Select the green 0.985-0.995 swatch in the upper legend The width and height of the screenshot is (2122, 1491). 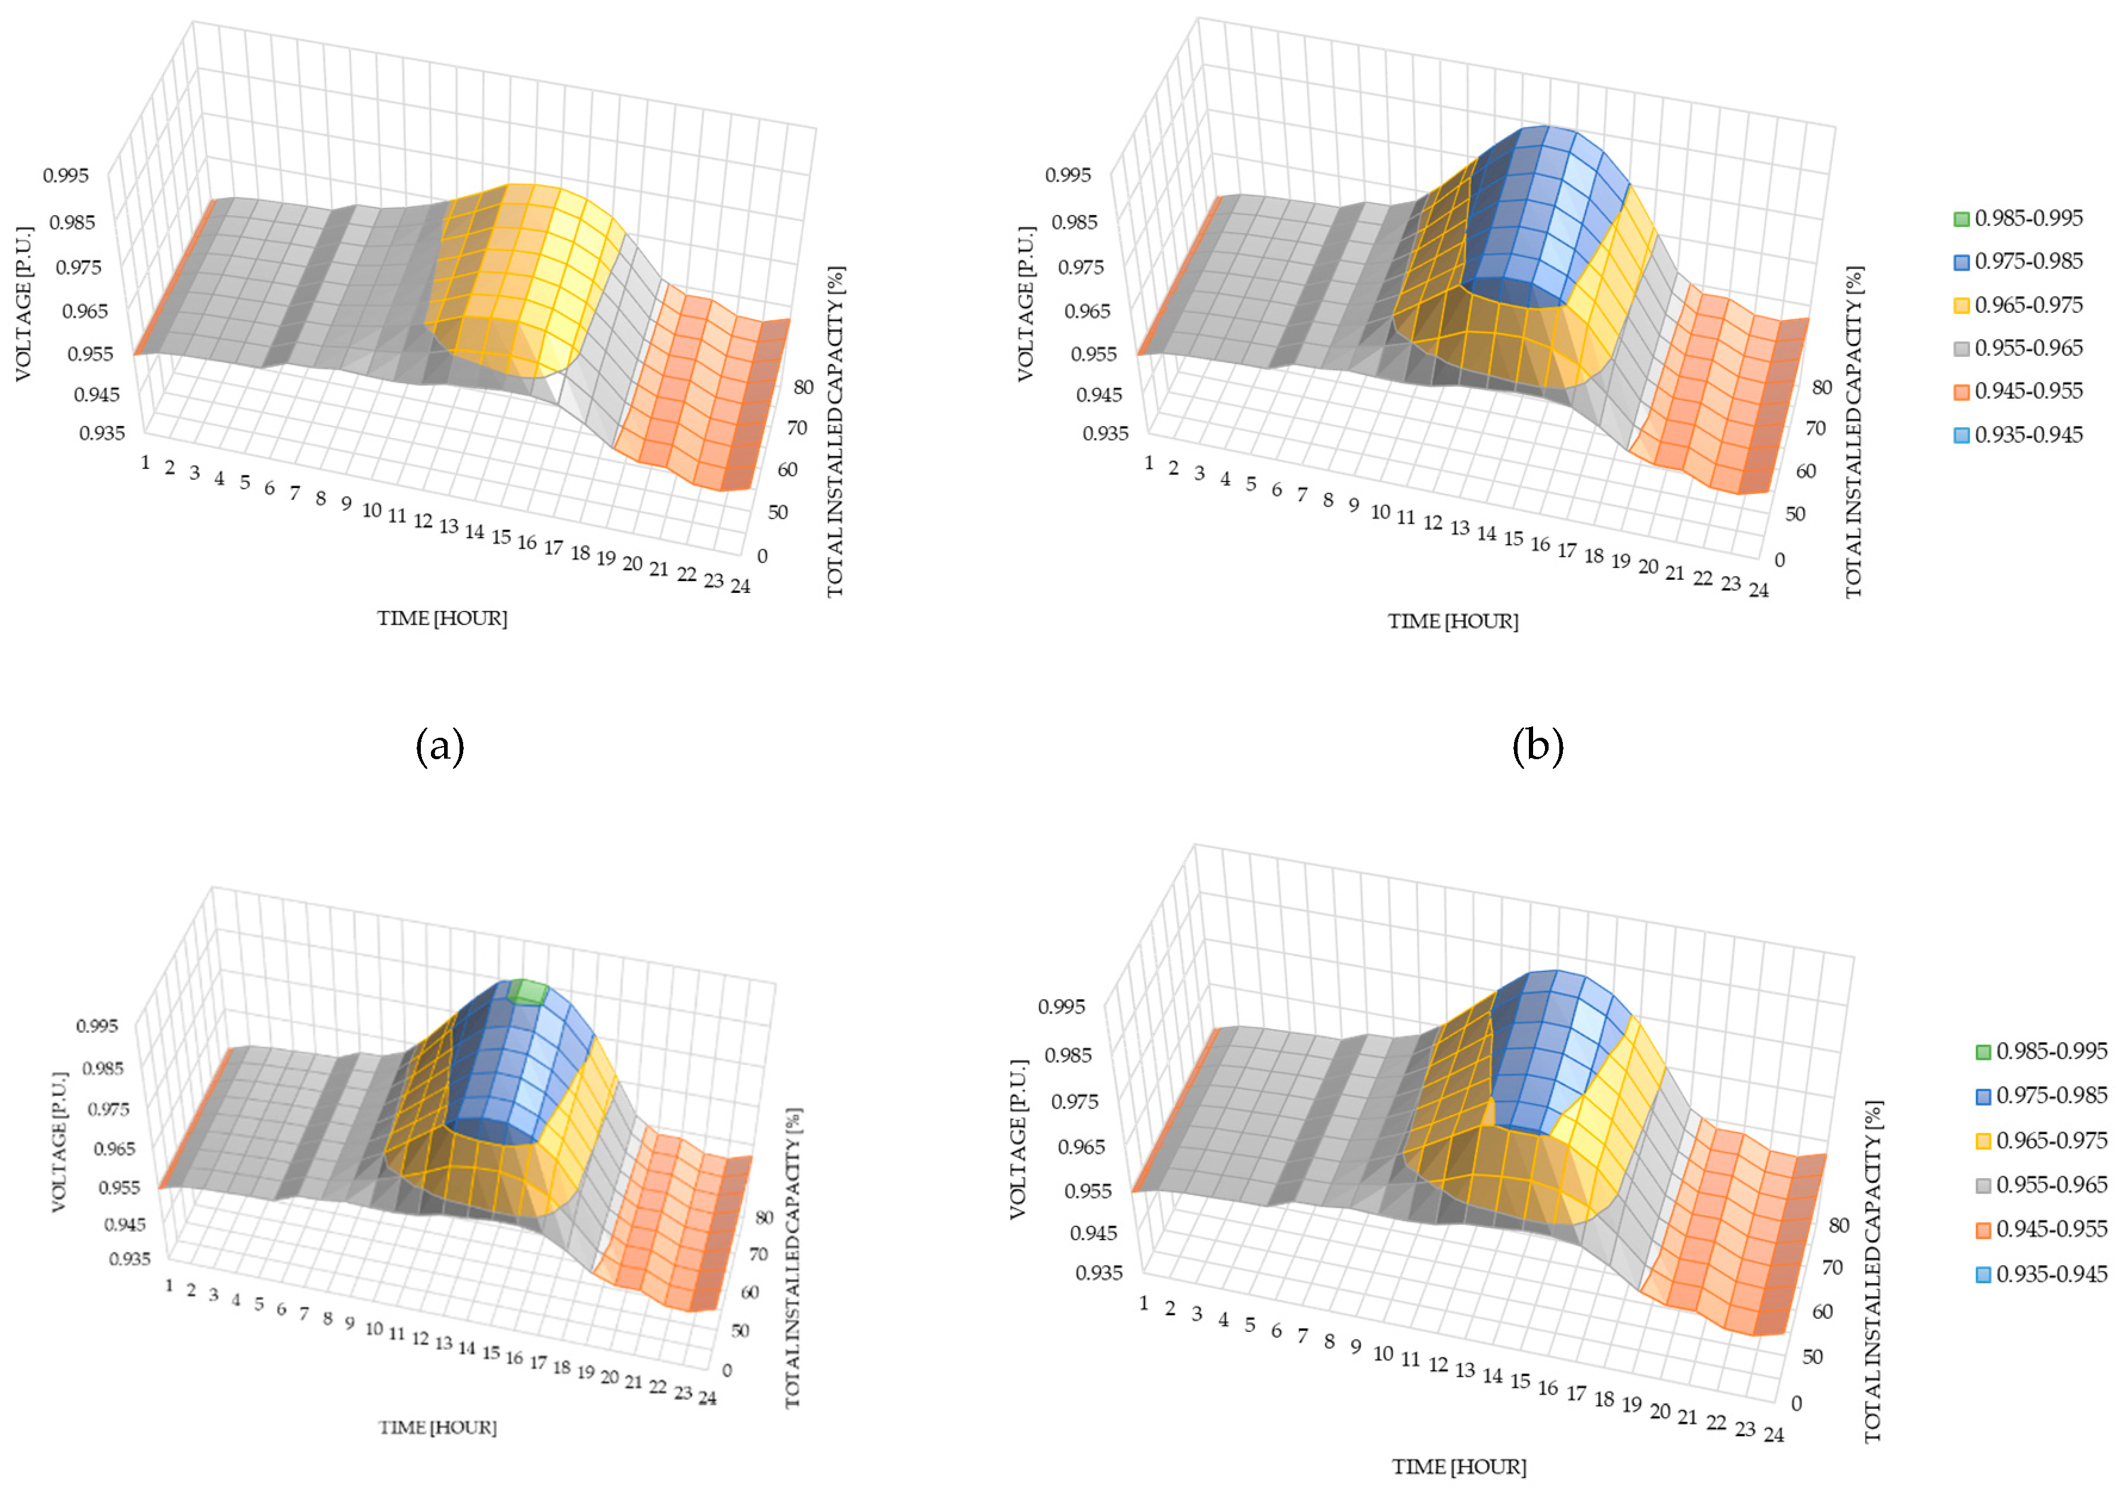click(1960, 219)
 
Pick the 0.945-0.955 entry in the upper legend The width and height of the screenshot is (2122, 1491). click(2028, 391)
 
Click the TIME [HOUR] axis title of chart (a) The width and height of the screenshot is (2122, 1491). click(442, 618)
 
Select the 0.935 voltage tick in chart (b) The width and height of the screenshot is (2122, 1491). click(1105, 433)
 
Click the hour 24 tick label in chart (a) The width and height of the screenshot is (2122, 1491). click(740, 586)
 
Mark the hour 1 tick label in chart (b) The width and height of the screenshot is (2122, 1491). click(1149, 463)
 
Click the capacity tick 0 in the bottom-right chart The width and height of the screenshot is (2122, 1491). click(1796, 1403)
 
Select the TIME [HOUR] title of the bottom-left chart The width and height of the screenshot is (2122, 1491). click(437, 1427)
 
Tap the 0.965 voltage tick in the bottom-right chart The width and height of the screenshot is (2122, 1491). click(1081, 1147)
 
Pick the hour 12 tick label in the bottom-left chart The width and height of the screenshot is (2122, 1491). click(420, 1338)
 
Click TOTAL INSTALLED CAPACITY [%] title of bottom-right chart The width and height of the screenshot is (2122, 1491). click(1872, 1271)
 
